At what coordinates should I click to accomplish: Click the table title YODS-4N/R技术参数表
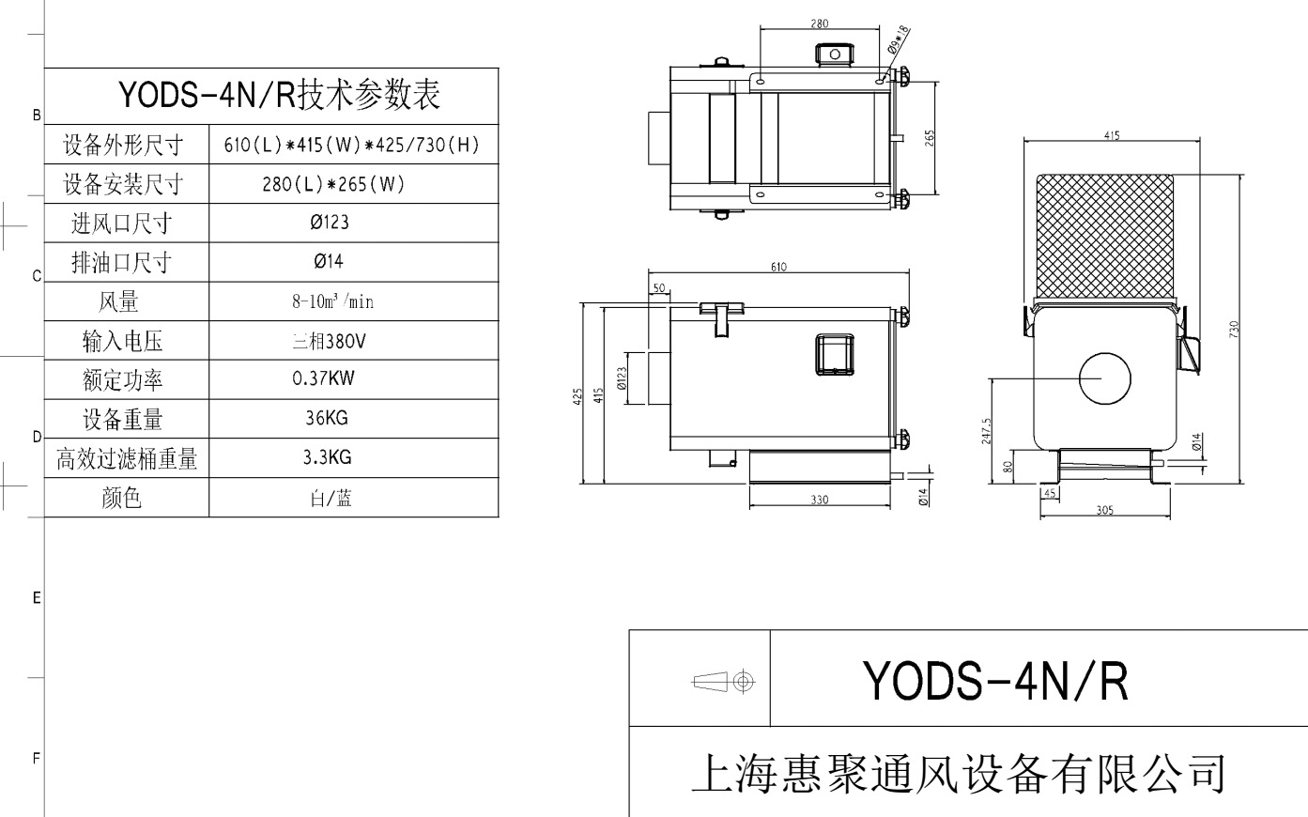click(279, 95)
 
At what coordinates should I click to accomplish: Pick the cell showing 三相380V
click(328, 341)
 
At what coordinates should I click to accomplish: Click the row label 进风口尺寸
click(122, 224)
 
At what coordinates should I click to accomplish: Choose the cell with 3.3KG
click(327, 458)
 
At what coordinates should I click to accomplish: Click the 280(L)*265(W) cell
click(332, 184)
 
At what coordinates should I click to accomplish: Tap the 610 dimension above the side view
click(778, 267)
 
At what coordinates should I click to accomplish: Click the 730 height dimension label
click(1234, 329)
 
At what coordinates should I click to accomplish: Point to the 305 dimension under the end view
click(1104, 510)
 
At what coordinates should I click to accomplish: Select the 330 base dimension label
click(819, 501)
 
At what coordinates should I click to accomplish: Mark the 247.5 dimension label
click(986, 432)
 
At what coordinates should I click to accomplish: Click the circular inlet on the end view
click(1104, 378)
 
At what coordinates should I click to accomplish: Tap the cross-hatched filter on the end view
click(1104, 235)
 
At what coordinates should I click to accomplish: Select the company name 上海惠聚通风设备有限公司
click(958, 773)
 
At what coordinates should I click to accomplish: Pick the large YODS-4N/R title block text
click(994, 681)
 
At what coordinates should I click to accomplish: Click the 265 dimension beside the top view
click(930, 138)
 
